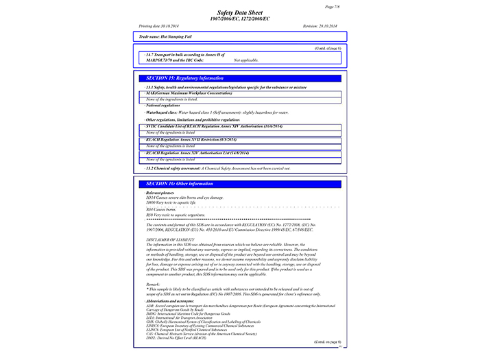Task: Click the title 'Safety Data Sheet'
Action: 240,12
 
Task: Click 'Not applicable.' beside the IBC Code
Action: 245,60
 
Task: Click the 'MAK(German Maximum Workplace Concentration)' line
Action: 189,93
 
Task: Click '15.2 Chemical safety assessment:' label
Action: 173,167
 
